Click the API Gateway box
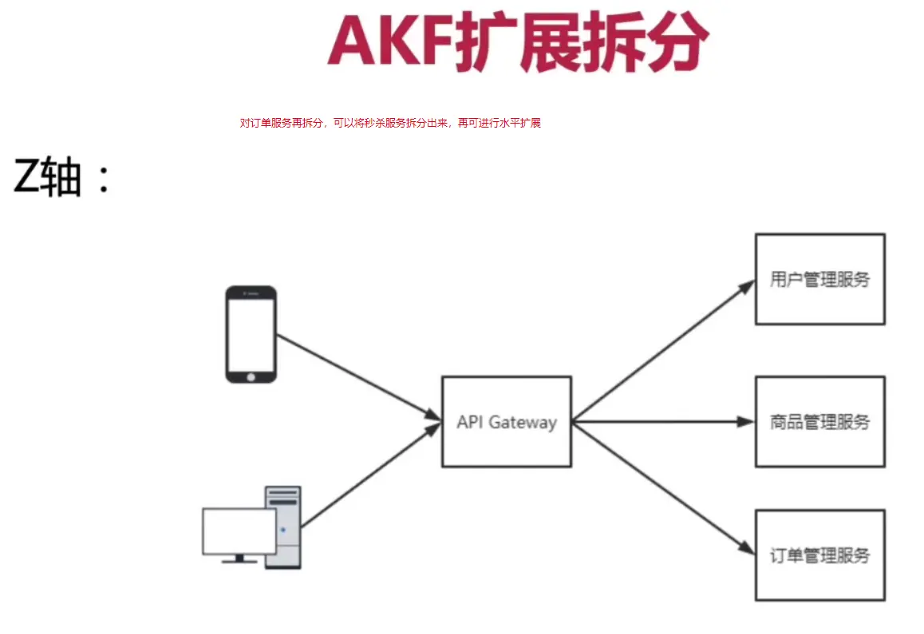506,422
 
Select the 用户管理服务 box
819,279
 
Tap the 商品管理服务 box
819,422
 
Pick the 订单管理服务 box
819,555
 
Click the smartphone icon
251,334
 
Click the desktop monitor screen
239,531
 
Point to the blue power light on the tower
282,530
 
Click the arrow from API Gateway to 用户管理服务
663,351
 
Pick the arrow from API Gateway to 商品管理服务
663,422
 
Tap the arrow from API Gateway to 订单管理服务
663,487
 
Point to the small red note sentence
390,124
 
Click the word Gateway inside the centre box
522,422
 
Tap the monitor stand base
239,561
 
